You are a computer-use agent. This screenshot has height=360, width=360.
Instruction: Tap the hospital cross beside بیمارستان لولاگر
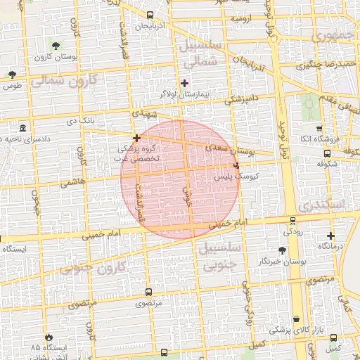click(x=184, y=83)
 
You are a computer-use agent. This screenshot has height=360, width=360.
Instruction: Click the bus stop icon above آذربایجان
click(x=150, y=15)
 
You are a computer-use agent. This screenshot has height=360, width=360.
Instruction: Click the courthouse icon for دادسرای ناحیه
click(x=24, y=129)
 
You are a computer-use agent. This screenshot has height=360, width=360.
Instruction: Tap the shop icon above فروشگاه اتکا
click(x=319, y=129)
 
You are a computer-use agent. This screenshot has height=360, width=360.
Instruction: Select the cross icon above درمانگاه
click(x=330, y=236)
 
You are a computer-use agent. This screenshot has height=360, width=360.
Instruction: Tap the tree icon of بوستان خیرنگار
click(x=282, y=250)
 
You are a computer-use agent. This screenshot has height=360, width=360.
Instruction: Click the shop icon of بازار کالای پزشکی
click(x=296, y=319)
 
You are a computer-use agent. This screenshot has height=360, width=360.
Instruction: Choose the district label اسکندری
click(x=323, y=205)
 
